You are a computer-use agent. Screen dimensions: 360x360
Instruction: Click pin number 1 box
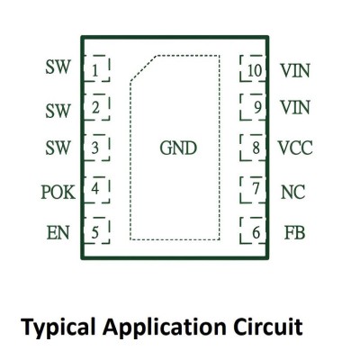(x=96, y=68)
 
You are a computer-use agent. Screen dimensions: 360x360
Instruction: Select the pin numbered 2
(x=96, y=107)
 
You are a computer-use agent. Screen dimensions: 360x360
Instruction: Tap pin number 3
(x=96, y=148)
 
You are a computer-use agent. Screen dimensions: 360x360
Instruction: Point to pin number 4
(x=96, y=190)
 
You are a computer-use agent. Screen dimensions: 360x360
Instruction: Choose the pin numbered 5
(x=96, y=230)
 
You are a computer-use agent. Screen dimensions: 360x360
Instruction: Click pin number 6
(x=253, y=230)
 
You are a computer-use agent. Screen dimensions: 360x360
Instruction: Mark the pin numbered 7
(x=253, y=190)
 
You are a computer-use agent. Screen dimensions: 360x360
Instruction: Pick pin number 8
(x=253, y=148)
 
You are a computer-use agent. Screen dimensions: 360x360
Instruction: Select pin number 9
(x=253, y=107)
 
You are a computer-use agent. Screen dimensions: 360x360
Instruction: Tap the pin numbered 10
(x=253, y=68)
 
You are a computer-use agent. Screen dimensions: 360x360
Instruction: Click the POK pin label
(x=58, y=193)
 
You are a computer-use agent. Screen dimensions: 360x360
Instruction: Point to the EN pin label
(x=58, y=233)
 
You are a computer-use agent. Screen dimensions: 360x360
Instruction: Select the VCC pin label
(x=295, y=148)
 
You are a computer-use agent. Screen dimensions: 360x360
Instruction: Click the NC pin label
(x=293, y=193)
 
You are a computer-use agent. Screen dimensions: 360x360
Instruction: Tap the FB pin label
(x=294, y=233)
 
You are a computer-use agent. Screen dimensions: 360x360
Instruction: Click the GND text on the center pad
(x=178, y=148)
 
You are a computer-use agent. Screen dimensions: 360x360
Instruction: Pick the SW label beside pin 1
(x=58, y=67)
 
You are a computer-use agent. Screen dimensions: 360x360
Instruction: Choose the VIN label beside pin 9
(x=295, y=107)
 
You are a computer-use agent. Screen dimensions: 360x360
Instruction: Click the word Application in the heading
(x=165, y=328)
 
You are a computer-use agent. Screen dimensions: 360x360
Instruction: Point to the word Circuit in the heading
(x=268, y=327)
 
